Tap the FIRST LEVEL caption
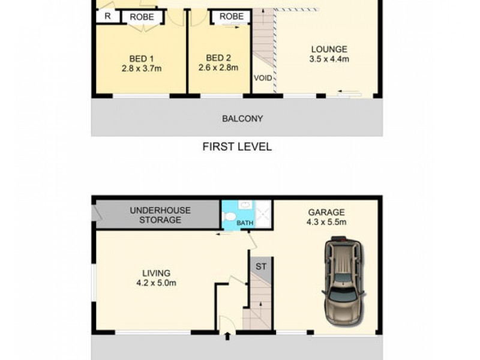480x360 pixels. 236,146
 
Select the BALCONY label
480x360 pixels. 242,118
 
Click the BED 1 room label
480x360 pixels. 142,58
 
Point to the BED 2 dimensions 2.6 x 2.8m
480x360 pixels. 218,68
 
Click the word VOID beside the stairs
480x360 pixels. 263,78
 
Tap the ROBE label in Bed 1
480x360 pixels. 143,17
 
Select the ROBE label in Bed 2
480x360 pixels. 231,17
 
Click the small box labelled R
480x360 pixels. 107,16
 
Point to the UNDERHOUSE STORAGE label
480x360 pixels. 160,215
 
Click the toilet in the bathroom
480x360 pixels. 229,214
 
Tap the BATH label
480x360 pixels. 245,223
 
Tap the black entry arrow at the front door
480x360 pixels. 227,337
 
